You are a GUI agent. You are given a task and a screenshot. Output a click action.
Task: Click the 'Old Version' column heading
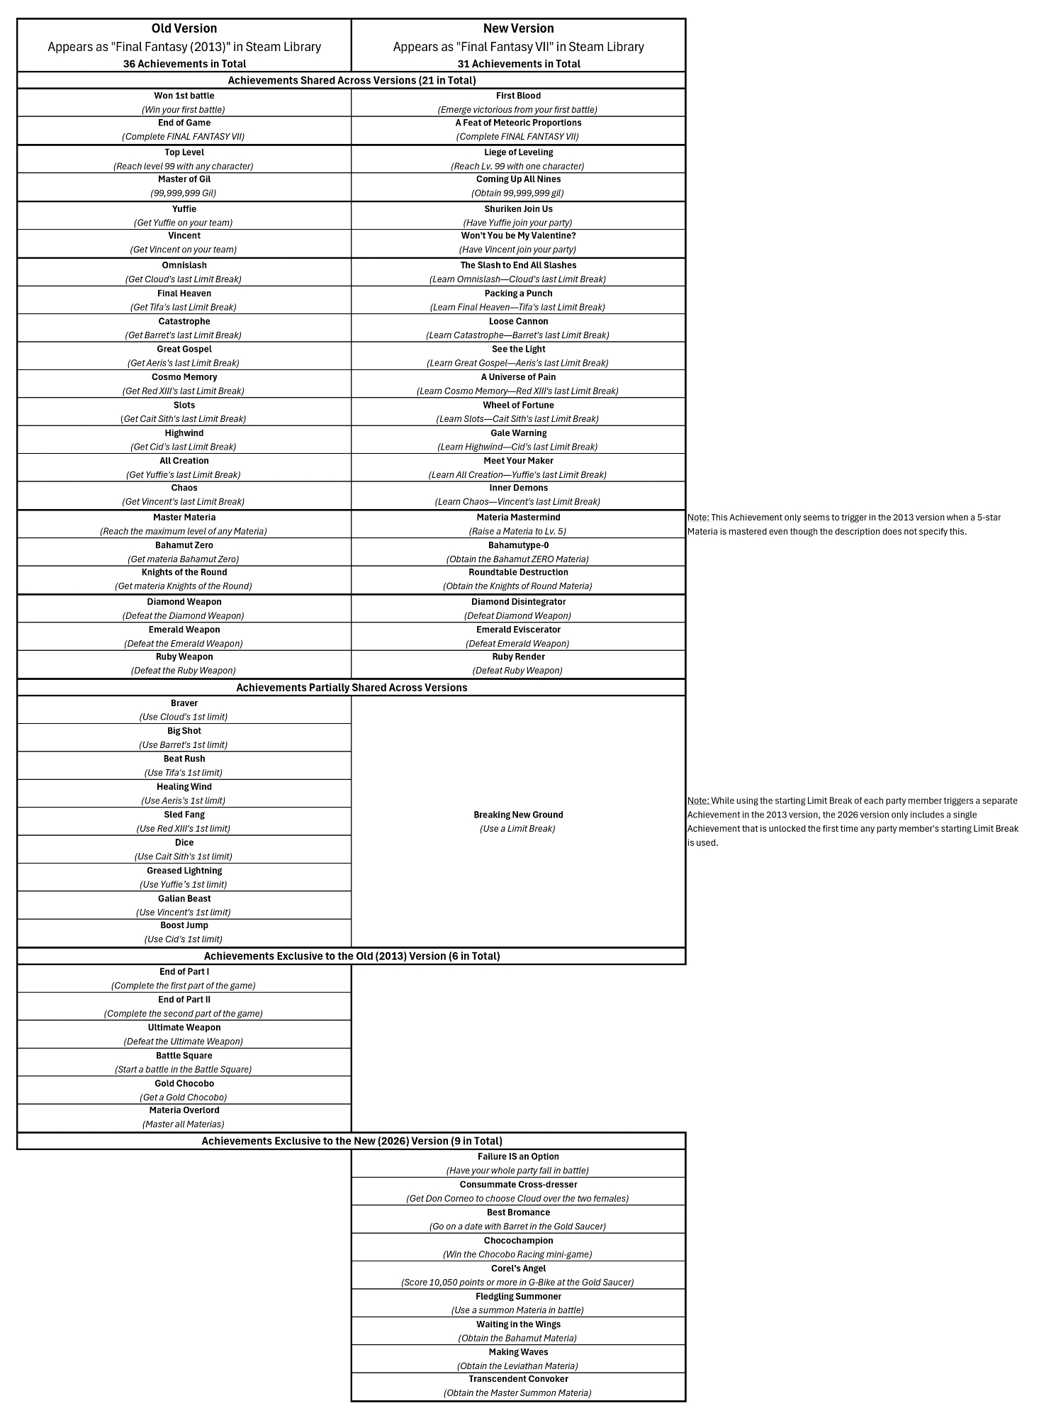coord(184,28)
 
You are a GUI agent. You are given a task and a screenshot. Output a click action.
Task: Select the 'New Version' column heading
coord(518,28)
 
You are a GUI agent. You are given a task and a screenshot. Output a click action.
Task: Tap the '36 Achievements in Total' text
coord(184,64)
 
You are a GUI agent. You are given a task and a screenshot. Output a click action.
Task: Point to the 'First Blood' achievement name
coord(518,96)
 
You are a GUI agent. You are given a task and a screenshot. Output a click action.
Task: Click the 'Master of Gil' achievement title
coord(184,179)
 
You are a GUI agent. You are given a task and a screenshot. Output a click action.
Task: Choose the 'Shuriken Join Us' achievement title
coord(518,209)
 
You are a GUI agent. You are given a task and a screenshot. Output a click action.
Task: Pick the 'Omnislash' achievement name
coord(184,265)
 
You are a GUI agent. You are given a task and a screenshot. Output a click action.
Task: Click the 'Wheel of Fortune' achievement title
coord(518,406)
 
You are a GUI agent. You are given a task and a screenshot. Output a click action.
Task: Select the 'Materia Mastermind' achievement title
coord(518,518)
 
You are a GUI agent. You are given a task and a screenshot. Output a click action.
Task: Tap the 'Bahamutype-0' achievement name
coord(518,545)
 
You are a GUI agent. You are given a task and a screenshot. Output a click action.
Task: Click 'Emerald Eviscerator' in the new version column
coord(518,630)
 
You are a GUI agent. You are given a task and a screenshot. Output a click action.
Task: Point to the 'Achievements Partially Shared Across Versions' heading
coord(352,688)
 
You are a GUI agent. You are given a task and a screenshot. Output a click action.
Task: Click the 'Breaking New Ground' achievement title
coord(518,815)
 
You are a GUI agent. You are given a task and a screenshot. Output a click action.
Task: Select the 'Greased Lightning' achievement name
coord(184,871)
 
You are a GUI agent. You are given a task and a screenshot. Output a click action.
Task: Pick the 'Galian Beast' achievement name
coord(184,898)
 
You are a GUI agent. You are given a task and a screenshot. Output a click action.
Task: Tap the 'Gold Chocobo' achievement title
coord(184,1083)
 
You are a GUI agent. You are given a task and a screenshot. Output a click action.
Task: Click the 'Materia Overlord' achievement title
coord(184,1110)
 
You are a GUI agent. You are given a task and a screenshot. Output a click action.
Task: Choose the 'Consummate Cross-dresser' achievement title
coord(518,1185)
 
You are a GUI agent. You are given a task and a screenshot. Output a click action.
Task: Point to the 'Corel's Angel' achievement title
coord(518,1268)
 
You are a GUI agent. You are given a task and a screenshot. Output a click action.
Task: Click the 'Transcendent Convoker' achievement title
coord(518,1379)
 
